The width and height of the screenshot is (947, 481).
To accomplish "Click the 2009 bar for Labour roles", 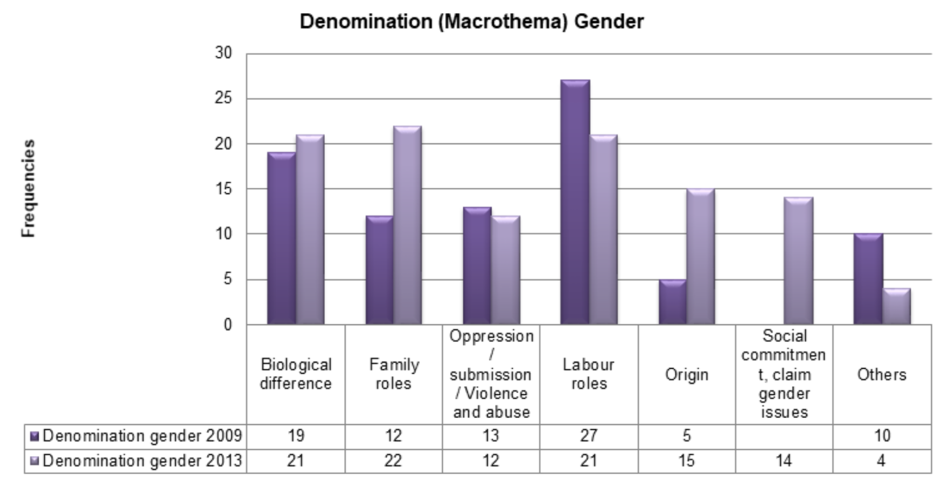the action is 575,202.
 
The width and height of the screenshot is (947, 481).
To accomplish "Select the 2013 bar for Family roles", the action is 407,225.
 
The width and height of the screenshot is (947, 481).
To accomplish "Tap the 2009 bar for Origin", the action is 672,302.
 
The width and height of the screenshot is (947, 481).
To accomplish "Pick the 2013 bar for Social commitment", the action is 798,260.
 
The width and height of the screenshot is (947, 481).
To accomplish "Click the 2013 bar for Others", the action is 897,306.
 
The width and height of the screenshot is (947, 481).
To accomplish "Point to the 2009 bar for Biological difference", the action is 282,238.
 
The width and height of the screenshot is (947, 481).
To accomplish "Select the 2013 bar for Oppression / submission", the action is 506,270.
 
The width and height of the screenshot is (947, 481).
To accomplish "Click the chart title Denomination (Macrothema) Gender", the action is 472,21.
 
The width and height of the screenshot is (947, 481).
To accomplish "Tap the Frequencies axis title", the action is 29,188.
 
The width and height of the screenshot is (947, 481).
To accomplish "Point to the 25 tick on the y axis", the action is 223,98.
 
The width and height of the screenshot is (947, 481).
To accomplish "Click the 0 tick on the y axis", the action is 229,325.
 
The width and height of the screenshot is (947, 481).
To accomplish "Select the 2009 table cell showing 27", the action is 589,436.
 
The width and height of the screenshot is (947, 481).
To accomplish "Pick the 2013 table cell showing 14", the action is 784,460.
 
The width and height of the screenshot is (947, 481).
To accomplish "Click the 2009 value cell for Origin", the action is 687,436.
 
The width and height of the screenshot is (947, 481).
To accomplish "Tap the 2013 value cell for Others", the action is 882,460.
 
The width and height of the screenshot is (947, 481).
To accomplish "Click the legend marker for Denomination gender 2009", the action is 34,436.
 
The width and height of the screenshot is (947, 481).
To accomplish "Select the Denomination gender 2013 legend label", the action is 142,461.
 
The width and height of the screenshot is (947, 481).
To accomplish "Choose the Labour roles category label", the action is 589,374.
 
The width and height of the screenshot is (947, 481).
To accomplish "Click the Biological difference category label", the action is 296,374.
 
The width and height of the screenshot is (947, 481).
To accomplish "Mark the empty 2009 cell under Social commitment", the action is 784,437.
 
